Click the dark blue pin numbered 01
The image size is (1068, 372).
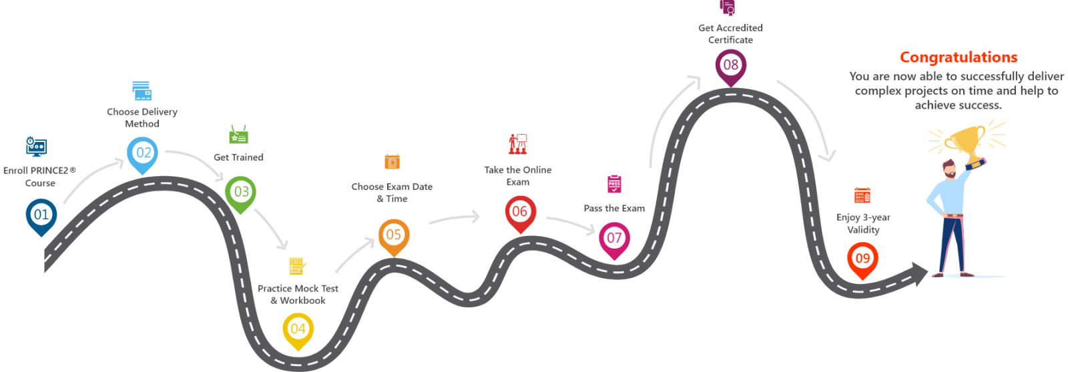point(41,215)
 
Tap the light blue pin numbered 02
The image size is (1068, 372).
point(143,153)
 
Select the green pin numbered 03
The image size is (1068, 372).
point(240,192)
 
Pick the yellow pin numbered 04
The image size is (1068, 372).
point(298,329)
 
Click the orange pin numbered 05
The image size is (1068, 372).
point(394,235)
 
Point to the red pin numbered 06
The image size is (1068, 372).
point(519,212)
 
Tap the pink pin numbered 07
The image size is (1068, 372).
point(614,238)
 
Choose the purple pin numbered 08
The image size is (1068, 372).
point(731,65)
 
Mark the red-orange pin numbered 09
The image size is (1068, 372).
point(862,258)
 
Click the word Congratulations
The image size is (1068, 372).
point(958,57)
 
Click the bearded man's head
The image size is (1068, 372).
point(949,169)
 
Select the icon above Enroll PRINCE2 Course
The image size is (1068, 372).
point(37,146)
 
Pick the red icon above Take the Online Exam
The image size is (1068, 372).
point(518,143)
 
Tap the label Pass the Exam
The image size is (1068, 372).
point(614,209)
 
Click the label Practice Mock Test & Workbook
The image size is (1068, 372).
point(298,294)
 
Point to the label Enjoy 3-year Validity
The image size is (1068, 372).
point(863,223)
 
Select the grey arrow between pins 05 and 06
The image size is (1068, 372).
point(454,218)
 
